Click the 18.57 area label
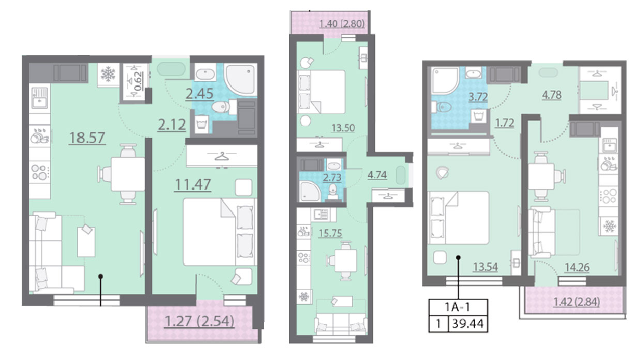87,138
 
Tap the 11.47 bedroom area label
193,185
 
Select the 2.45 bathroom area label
199,94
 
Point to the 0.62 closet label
138,81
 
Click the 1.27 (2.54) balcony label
199,321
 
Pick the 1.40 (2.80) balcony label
342,24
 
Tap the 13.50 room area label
343,128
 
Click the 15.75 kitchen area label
330,233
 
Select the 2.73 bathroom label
332,177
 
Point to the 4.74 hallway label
377,175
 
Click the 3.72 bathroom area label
478,97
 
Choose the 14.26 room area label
577,267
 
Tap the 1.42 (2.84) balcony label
577,302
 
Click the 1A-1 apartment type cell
458,307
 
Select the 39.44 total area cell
467,323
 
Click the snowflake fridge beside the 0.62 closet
108,74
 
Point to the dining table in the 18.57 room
128,174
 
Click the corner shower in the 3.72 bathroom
444,81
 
